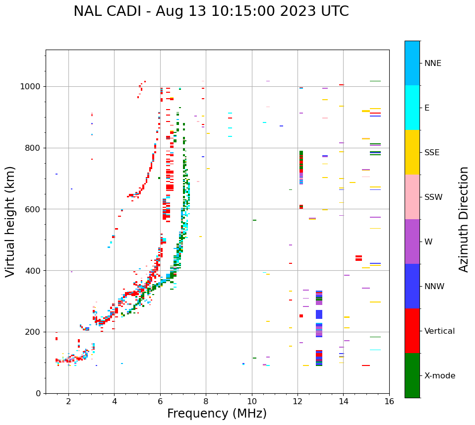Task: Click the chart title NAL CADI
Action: [211, 11]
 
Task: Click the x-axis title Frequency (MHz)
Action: [217, 414]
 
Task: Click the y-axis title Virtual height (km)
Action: [10, 222]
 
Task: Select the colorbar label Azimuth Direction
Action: [464, 219]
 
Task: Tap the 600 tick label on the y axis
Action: [35, 209]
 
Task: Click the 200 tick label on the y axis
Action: [35, 332]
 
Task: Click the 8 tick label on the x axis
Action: [206, 401]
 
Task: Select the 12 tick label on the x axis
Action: [297, 401]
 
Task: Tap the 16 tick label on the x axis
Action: [389, 401]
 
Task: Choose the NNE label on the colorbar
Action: [432, 63]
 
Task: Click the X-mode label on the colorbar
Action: [440, 376]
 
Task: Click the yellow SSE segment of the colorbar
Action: [412, 152]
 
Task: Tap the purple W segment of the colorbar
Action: [412, 242]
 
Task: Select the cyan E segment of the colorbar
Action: [412, 108]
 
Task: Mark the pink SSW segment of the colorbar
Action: [412, 197]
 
